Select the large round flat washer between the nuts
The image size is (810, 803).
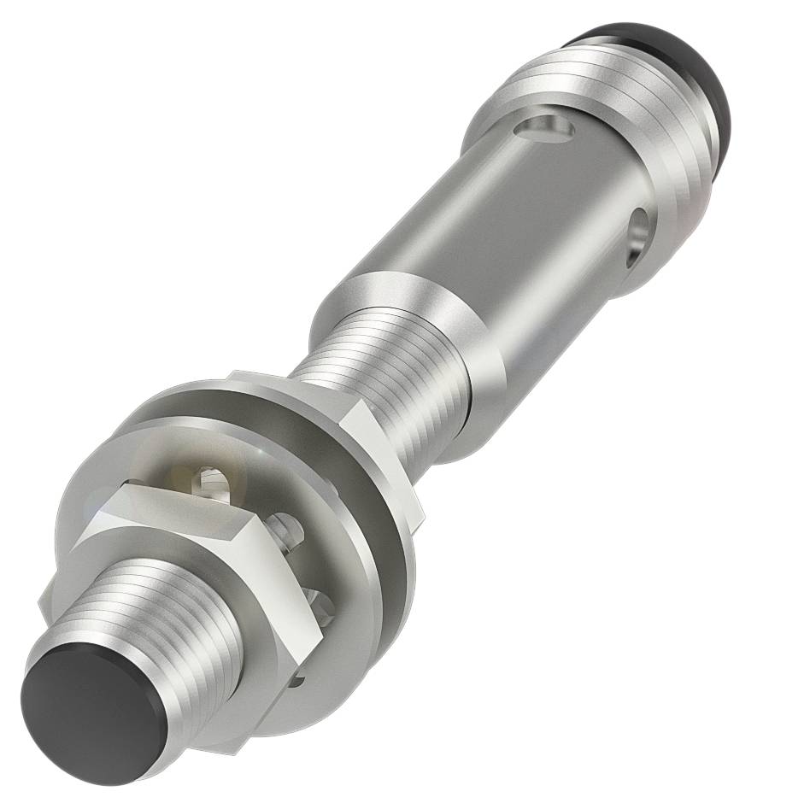point(376,547)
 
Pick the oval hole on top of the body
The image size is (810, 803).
point(548,129)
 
